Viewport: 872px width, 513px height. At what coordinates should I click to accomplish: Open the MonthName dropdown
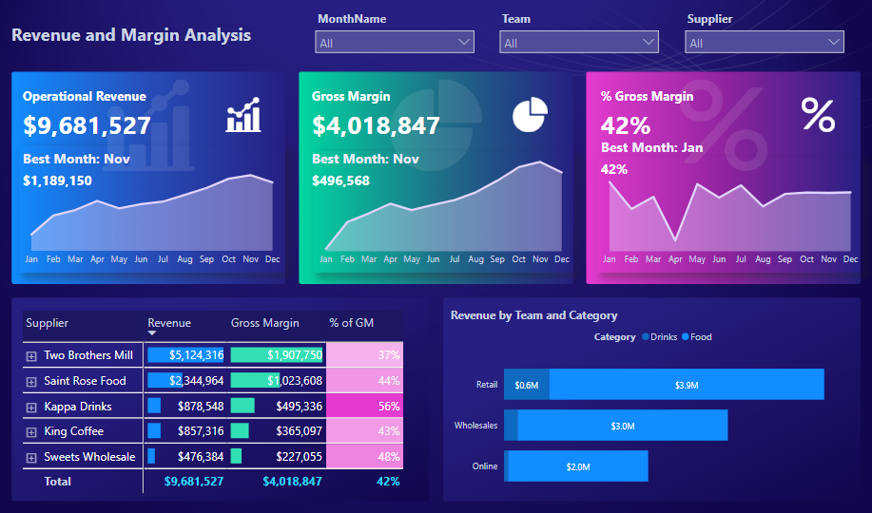[395, 42]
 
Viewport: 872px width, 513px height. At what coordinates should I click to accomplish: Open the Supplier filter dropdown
[764, 42]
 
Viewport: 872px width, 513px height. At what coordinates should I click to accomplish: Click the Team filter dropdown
[579, 42]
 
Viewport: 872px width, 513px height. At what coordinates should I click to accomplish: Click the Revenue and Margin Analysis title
[131, 35]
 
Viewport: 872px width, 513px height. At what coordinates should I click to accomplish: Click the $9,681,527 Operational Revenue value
[87, 125]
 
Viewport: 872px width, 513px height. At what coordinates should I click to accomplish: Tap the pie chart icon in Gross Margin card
[530, 115]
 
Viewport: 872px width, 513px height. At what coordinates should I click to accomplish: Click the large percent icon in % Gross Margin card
[818, 114]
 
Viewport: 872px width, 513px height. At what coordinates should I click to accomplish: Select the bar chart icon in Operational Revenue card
[243, 115]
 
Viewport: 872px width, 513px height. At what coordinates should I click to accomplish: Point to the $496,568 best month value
[341, 180]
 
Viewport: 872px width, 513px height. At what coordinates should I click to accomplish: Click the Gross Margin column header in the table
[264, 323]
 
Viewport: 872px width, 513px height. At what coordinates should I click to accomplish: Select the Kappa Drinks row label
[78, 407]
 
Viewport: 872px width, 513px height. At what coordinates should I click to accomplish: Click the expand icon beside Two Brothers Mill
[31, 355]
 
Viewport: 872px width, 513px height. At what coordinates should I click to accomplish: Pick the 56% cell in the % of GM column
[364, 407]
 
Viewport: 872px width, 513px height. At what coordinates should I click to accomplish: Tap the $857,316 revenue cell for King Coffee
[200, 431]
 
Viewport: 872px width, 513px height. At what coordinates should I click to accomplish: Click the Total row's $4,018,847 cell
[292, 482]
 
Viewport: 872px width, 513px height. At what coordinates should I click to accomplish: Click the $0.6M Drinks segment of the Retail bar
[526, 385]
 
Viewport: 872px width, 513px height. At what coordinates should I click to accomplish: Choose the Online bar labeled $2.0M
[578, 466]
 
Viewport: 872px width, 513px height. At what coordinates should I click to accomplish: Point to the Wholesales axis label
[475, 426]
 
